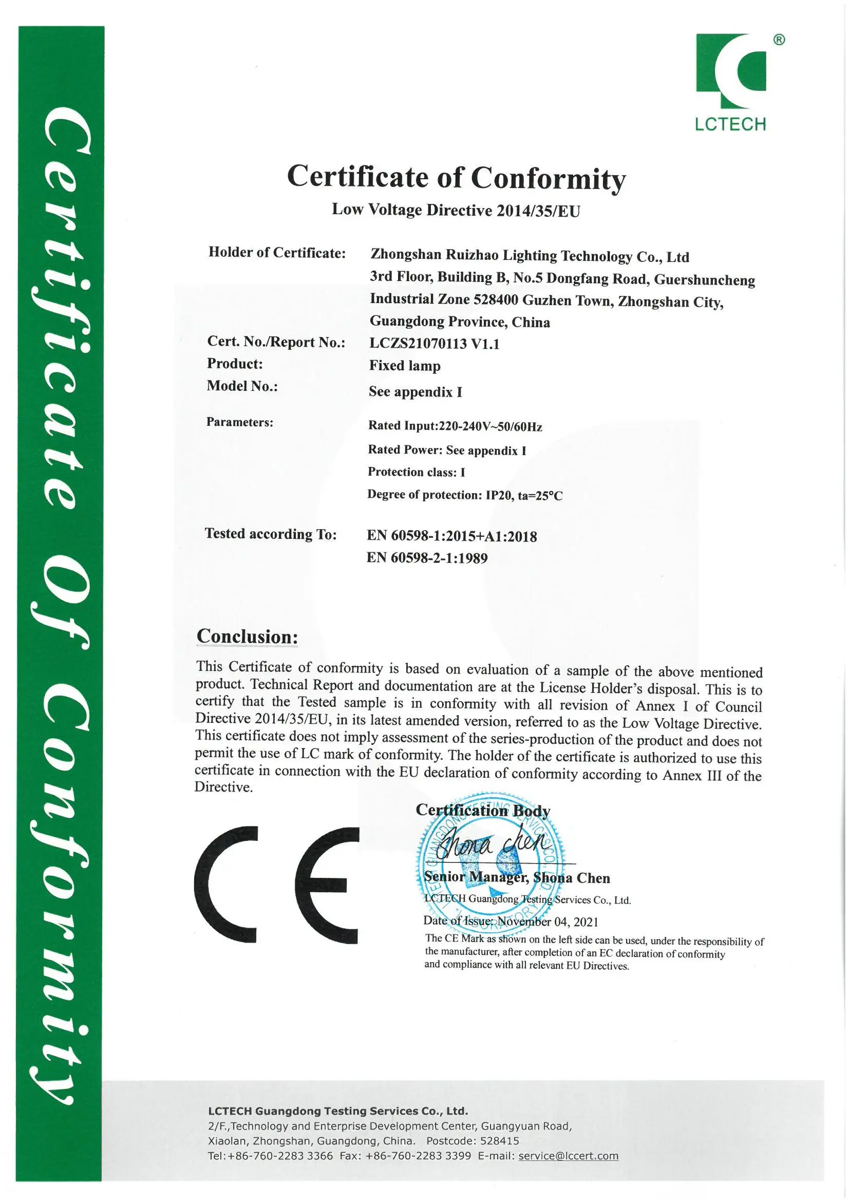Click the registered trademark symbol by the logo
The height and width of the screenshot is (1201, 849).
tap(779, 40)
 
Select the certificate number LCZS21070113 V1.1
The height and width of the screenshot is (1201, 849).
tap(433, 344)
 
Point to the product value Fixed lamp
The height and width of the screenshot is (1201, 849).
tap(404, 366)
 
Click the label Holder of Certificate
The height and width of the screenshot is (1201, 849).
tap(277, 253)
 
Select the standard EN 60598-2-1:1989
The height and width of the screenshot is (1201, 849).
tap(427, 558)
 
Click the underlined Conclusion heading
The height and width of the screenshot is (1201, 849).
tap(247, 636)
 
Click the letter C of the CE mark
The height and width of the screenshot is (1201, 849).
tap(225, 884)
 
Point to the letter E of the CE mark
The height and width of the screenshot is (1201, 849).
tap(327, 885)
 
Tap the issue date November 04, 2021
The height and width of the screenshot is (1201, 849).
tap(547, 922)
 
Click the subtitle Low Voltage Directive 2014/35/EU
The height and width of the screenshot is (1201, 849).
tap(456, 210)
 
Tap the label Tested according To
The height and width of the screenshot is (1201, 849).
tap(271, 534)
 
